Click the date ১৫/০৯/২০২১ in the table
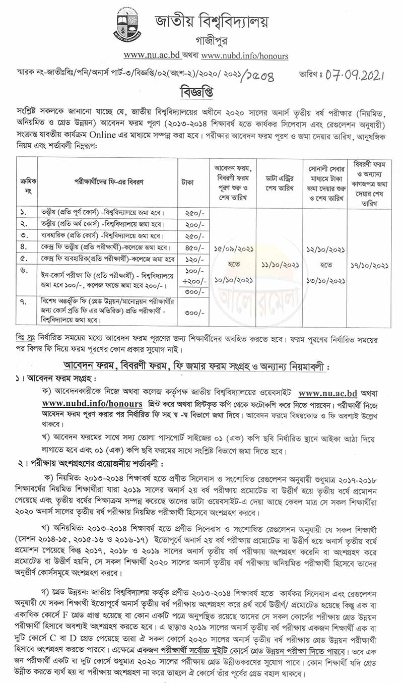click(x=233, y=249)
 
